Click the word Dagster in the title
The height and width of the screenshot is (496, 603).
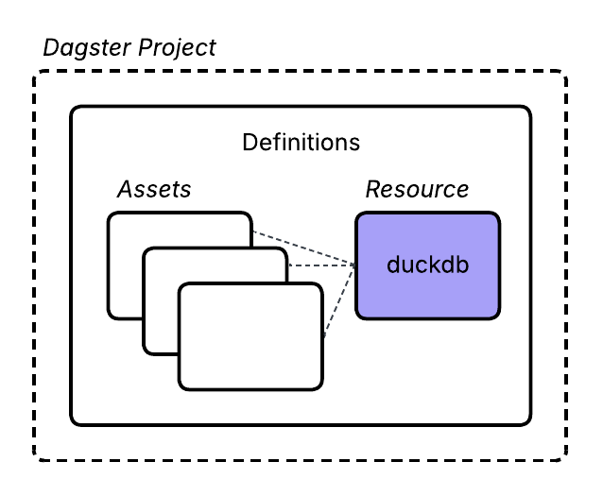pyautogui.click(x=84, y=47)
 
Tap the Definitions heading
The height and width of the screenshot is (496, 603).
pyautogui.click(x=301, y=143)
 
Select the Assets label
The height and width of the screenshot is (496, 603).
pyautogui.click(x=153, y=189)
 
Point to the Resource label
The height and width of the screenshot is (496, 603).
pyautogui.click(x=417, y=189)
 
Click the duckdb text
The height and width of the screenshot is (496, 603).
pyautogui.click(x=427, y=265)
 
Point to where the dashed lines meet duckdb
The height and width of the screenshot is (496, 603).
pyautogui.click(x=355, y=265)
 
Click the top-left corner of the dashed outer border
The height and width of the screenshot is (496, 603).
pyautogui.click(x=37, y=73)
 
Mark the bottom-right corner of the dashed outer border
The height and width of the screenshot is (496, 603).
pyautogui.click(x=565, y=459)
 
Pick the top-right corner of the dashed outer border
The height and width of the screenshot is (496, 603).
pyautogui.click(x=565, y=73)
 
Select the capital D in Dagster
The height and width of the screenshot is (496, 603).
pyautogui.click(x=50, y=47)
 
